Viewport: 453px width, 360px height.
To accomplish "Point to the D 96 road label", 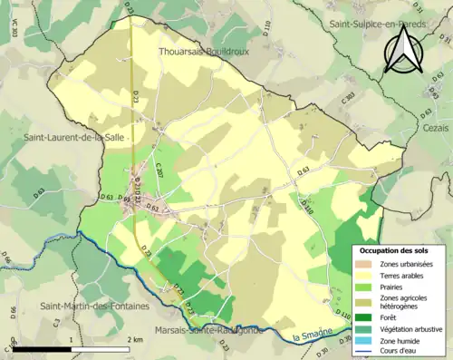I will point(14,313).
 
